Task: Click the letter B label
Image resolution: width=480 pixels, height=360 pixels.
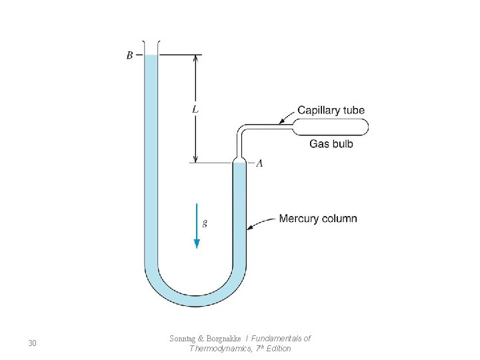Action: click(129, 55)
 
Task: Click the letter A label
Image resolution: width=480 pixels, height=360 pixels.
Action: click(259, 163)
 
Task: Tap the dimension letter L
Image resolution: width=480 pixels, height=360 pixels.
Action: click(195, 109)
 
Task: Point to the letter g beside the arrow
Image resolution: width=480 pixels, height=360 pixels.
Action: click(205, 223)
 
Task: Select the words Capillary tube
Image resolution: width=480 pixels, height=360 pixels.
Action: click(331, 110)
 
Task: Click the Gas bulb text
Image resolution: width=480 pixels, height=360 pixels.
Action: click(331, 143)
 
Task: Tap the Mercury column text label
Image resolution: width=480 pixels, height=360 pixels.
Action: click(318, 219)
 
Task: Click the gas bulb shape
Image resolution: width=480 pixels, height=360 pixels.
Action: click(331, 125)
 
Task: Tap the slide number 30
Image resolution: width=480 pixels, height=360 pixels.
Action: click(32, 343)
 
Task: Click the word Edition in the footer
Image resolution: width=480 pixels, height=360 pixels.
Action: click(278, 348)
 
